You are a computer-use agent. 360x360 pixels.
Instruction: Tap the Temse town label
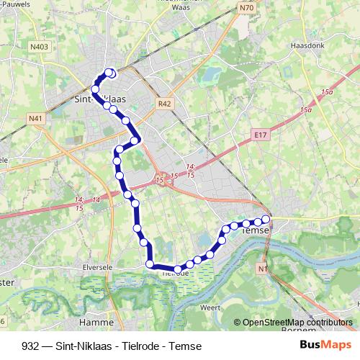pos(256,230)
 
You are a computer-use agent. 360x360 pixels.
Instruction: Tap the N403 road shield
pos(40,47)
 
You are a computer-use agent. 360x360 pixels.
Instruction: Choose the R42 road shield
pos(165,104)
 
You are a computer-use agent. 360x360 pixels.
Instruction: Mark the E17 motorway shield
pos(261,134)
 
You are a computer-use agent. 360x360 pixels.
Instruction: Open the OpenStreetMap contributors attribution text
pos(297,323)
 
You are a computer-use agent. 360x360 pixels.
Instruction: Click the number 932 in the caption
pos(30,345)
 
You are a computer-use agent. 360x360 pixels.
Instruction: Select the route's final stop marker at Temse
pos(266,219)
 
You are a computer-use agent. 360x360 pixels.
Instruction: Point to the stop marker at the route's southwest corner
pos(150,264)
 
